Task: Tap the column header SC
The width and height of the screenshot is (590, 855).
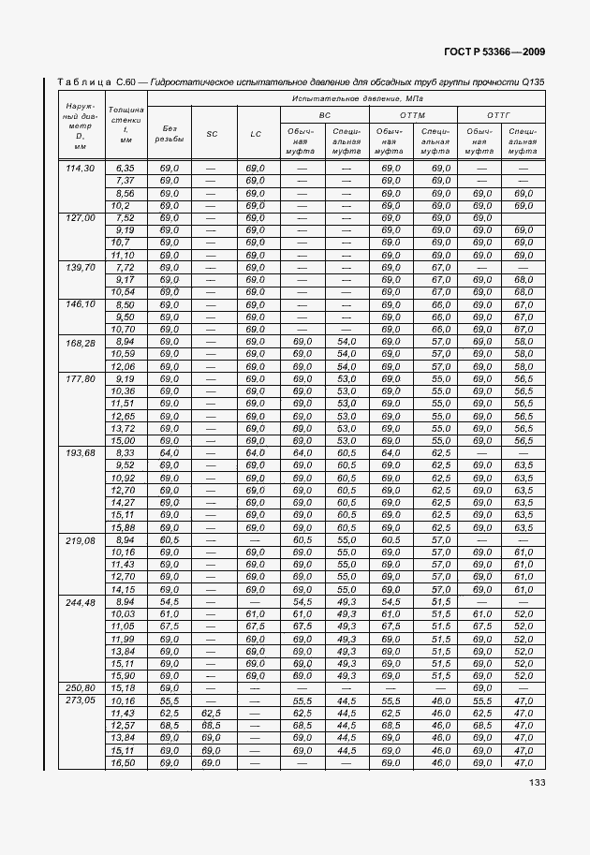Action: pos(213,134)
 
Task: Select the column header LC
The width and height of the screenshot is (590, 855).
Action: pos(256,134)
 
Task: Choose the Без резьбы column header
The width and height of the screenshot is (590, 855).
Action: pos(170,133)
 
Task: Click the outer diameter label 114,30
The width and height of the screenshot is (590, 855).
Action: pos(81,169)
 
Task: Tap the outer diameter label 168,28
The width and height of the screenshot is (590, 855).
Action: pos(81,342)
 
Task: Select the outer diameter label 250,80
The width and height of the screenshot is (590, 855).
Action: pos(81,688)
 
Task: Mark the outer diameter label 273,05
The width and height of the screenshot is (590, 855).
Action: pos(81,700)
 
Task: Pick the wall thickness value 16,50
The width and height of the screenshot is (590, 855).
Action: pos(124,763)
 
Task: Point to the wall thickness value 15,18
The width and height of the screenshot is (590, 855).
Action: pos(124,688)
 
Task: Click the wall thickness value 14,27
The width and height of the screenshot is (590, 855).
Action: pos(124,502)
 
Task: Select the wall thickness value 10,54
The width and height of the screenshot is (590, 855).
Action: pos(124,292)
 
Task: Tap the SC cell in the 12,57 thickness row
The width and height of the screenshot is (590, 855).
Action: pos(213,726)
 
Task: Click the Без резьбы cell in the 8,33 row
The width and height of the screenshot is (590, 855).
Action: pos(170,453)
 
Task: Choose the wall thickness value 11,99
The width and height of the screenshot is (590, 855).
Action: pos(124,638)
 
